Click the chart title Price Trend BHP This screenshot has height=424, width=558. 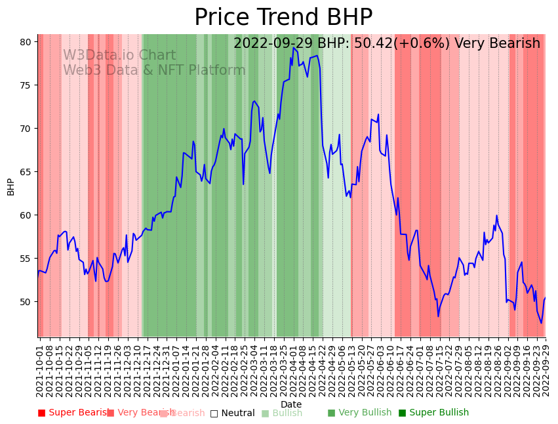click(x=283, y=17)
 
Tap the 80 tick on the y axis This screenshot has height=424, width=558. click(x=26, y=42)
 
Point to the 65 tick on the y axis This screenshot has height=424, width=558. click(x=26, y=172)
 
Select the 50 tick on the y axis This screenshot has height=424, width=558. click(x=26, y=302)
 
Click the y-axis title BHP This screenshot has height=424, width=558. click(x=10, y=186)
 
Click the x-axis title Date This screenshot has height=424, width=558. click(x=291, y=404)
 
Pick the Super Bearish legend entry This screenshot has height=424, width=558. click(x=72, y=413)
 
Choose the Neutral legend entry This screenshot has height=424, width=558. click(x=232, y=413)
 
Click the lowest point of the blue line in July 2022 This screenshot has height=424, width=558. click(x=439, y=316)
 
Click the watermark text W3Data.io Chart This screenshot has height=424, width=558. click(x=119, y=56)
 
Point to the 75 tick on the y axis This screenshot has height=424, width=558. click(x=26, y=85)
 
